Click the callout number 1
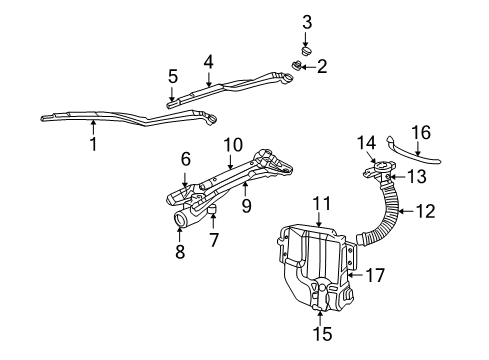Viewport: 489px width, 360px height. pyautogui.click(x=93, y=143)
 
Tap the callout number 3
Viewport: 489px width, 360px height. pyautogui.click(x=307, y=22)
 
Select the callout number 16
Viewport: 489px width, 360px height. pyautogui.click(x=421, y=131)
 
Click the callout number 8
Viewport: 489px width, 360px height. pyautogui.click(x=181, y=254)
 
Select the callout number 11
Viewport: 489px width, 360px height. pyautogui.click(x=320, y=203)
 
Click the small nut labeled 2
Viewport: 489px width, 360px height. pyautogui.click(x=298, y=66)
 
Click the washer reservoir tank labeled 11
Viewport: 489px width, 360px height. pyautogui.click(x=315, y=265)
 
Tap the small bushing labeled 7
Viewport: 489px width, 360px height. pyautogui.click(x=214, y=208)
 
